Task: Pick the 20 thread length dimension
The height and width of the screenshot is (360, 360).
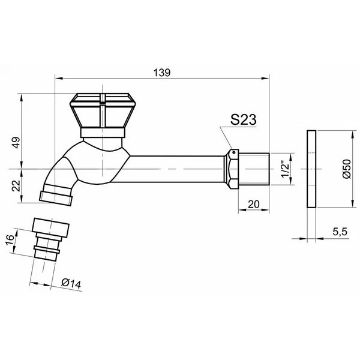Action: tap(254, 204)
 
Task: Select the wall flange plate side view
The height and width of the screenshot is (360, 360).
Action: tap(311, 169)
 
